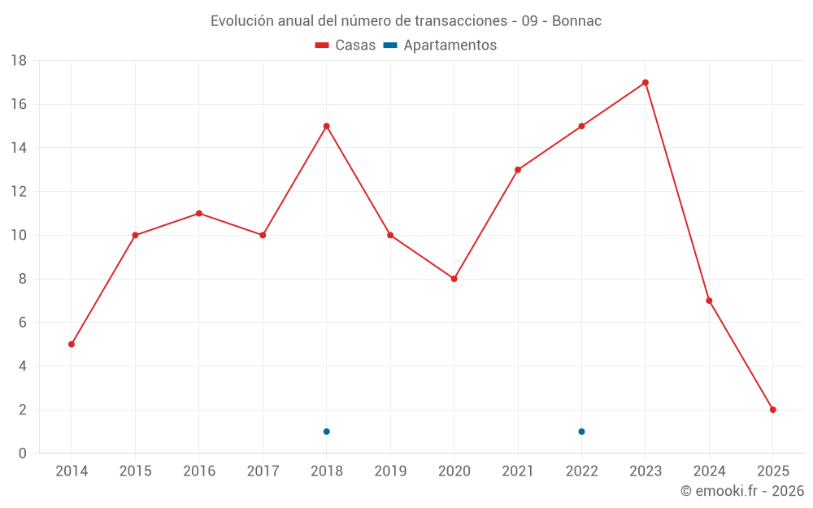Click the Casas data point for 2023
click(x=646, y=83)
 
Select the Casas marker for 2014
click(x=72, y=345)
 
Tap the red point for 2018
click(x=327, y=126)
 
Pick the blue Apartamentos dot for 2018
click(x=327, y=432)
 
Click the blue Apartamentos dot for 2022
click(x=582, y=432)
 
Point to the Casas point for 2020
click(x=454, y=279)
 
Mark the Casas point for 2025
click(x=773, y=410)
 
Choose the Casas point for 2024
click(x=710, y=301)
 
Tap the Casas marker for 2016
click(x=199, y=214)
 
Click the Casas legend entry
click(x=346, y=46)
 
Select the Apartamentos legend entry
click(x=440, y=46)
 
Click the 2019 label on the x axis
click(x=390, y=471)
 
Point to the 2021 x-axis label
click(x=518, y=471)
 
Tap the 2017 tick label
click(x=263, y=471)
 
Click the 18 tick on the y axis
click(x=19, y=61)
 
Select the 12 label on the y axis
click(x=19, y=192)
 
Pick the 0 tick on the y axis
click(x=23, y=454)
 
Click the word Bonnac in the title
click(x=576, y=21)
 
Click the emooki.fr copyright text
click(x=742, y=491)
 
